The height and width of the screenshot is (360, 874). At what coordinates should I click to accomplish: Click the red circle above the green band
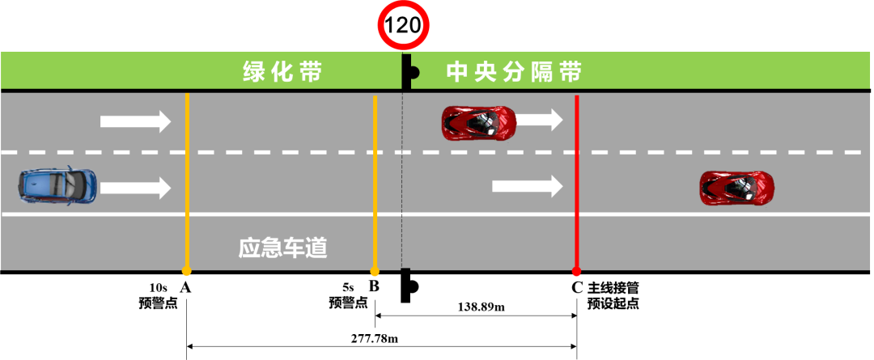404,25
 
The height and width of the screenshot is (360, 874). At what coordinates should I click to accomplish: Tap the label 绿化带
282,73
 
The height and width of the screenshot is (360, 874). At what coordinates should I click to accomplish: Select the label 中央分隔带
514,73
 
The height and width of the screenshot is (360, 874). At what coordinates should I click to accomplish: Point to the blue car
58,185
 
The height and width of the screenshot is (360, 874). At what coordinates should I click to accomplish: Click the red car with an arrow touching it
478,122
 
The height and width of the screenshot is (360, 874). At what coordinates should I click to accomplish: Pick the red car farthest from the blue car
736,187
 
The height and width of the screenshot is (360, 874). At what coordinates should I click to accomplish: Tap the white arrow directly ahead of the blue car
135,188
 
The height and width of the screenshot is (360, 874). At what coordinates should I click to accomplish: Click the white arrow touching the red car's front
539,121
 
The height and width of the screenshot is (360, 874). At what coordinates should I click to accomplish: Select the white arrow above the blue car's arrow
135,121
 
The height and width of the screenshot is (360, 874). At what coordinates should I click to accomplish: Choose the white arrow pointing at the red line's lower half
527,186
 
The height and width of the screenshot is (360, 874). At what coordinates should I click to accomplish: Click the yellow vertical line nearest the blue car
187,178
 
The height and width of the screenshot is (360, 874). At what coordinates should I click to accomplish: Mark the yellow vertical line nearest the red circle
375,178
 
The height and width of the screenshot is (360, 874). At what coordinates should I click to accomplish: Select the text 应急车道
282,248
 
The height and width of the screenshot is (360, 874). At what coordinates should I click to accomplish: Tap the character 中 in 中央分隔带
457,73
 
